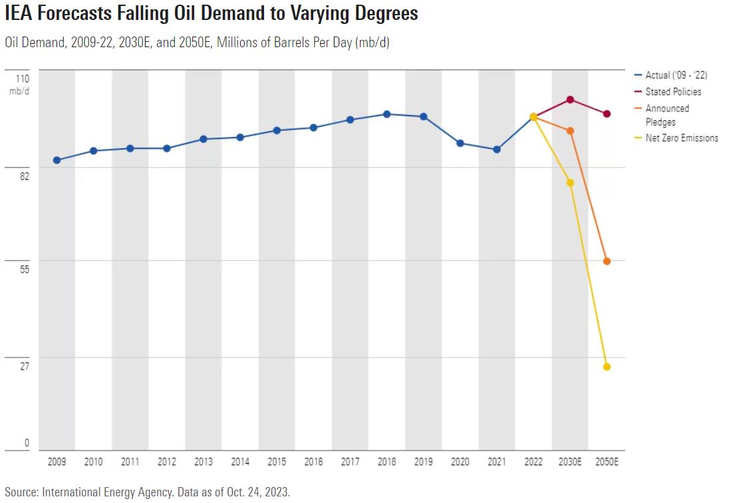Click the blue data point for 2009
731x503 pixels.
(57, 160)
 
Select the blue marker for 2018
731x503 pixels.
(386, 114)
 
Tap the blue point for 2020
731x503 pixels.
(460, 143)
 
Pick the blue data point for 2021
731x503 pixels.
(497, 150)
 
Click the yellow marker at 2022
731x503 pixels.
(533, 117)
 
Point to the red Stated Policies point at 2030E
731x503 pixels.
(570, 100)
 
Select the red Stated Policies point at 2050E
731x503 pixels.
(607, 114)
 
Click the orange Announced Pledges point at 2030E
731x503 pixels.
(570, 131)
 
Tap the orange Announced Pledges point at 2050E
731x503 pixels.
(607, 261)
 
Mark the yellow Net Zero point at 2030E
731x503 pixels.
(570, 183)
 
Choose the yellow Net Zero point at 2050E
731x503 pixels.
(607, 367)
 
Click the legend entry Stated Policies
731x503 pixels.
(673, 92)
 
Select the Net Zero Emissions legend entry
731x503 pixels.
(682, 138)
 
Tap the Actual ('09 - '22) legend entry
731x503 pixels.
(676, 76)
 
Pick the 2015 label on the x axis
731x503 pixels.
(277, 461)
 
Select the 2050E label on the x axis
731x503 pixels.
(607, 461)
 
